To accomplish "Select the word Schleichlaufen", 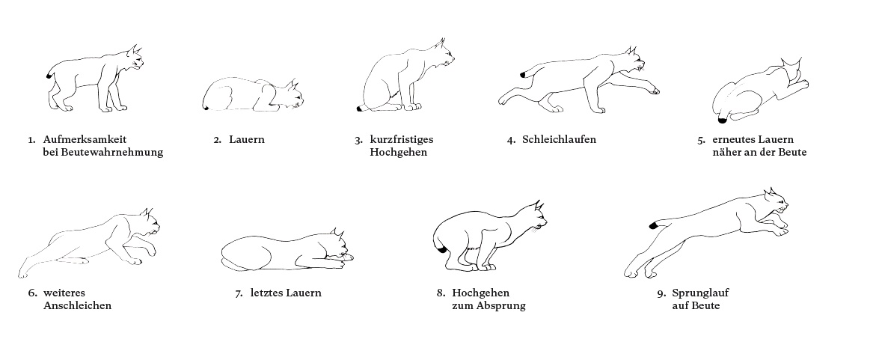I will (560, 139).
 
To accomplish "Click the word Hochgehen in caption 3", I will (399, 153).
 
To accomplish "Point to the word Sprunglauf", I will (701, 293).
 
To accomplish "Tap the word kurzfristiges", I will (402, 139).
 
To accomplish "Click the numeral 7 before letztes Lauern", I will (238, 293).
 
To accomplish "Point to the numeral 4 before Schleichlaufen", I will (511, 140).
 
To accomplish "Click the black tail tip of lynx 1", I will (50, 76).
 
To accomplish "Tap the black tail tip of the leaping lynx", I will (654, 225).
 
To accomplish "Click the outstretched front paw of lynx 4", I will (655, 90).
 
